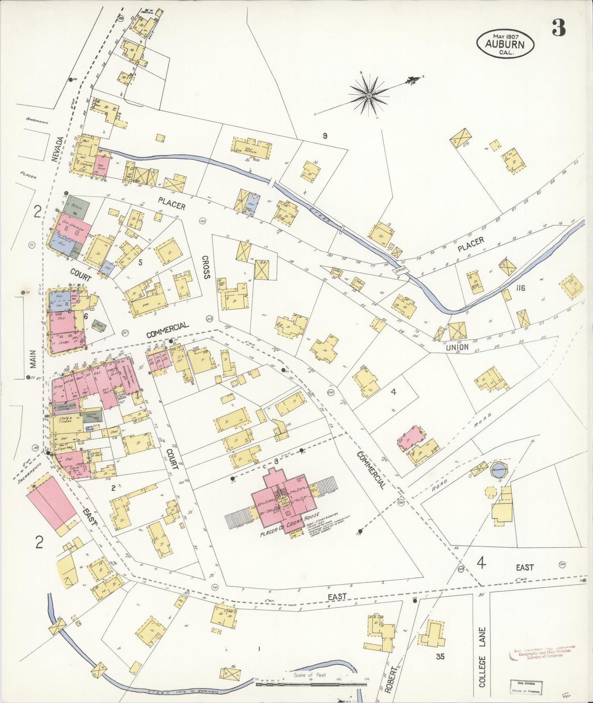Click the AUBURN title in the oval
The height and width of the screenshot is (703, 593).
click(x=505, y=44)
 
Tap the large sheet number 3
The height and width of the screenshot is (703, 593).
click(x=559, y=28)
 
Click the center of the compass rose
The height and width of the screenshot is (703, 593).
click(x=369, y=96)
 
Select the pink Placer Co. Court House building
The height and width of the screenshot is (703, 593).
click(x=283, y=501)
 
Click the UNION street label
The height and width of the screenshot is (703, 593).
click(x=457, y=347)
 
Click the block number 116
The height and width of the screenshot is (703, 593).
click(x=521, y=288)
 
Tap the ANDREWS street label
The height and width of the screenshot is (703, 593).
click(x=37, y=121)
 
